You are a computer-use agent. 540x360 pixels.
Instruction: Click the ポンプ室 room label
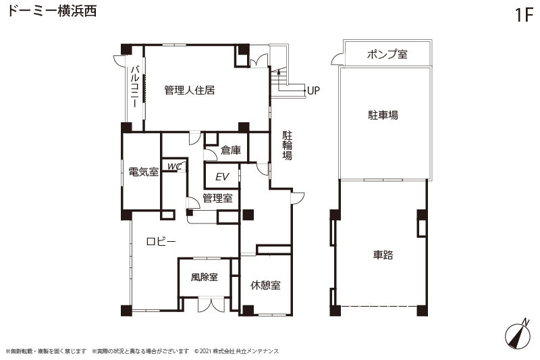coord(387,54)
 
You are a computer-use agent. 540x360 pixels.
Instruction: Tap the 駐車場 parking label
coord(383,115)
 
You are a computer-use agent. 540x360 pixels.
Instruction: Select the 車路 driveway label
coord(383,255)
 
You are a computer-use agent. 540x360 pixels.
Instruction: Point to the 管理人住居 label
coord(190,91)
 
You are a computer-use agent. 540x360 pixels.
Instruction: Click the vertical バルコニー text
coord(134,86)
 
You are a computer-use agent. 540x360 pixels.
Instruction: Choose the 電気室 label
coord(143,172)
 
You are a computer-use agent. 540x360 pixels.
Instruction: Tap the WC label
coord(174,167)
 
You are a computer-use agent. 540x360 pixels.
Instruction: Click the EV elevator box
coord(222,176)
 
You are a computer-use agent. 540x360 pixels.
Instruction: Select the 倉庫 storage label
coord(231,150)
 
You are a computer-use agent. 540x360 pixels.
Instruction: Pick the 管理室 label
coord(217,198)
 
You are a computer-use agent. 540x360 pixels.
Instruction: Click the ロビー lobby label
coord(161,241)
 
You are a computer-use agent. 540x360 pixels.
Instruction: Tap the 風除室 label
coord(205,277)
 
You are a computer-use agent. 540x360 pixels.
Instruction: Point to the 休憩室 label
coord(265,285)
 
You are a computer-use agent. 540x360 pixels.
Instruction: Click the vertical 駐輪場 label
coord(288,145)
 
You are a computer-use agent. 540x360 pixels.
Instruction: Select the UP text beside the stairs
coord(313,91)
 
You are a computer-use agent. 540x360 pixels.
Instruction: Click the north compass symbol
coord(518,333)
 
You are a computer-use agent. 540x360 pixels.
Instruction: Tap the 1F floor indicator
coord(524,15)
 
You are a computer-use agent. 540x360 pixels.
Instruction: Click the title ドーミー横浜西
coord(52,11)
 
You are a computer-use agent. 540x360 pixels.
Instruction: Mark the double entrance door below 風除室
coord(211,305)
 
